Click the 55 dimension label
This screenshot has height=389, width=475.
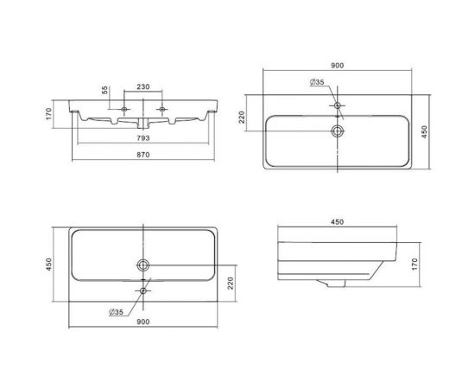pos(104,90)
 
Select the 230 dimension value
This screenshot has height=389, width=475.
pos(143,86)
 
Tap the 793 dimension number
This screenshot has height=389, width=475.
pos(143,138)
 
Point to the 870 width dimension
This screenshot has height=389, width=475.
pos(143,155)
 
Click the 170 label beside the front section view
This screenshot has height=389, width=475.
pos(49,114)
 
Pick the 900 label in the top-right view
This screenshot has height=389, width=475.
pos(337,66)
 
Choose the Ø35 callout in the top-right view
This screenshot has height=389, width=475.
pos(317,82)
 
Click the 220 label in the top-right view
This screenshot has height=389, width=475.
pos(242,118)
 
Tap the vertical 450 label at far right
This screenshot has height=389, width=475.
pos(424,132)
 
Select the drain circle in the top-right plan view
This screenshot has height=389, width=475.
pos(338,131)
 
